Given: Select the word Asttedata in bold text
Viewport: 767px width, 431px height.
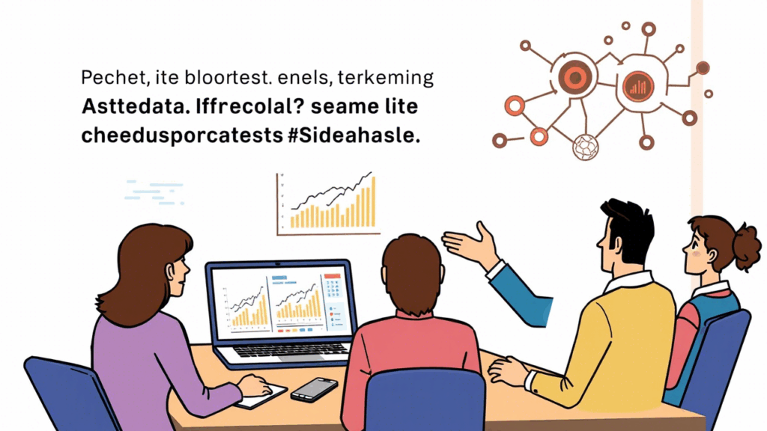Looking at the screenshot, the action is pos(134,106).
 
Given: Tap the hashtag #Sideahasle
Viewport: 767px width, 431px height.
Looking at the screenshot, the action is pos(354,135).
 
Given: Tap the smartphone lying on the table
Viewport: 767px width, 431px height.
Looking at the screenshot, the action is pos(314,389).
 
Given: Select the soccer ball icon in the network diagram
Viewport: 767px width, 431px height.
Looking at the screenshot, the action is pos(585,147).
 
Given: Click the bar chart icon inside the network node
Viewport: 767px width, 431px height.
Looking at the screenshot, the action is pos(637,87).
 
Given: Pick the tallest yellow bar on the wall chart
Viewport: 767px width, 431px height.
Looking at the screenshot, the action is pos(373,202).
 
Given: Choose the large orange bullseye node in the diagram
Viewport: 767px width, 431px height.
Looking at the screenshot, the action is pos(575,77).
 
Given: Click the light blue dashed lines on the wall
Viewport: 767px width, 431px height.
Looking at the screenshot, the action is pos(154,192).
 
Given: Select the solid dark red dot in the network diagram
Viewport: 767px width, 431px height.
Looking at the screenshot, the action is pos(703,68).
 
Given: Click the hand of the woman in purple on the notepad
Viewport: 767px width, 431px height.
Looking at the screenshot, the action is pos(255,385).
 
